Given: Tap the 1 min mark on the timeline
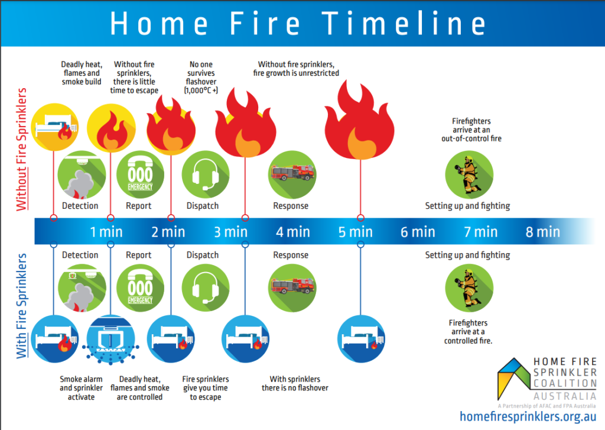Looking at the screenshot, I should [106, 231].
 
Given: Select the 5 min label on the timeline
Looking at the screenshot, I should [356, 231].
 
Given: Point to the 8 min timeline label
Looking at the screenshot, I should [542, 231].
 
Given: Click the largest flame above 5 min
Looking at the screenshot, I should [359, 127].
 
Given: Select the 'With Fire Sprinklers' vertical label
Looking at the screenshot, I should [22, 306].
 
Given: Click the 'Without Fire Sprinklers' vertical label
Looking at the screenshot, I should [22, 149].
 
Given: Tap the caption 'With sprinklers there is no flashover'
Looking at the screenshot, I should [295, 383].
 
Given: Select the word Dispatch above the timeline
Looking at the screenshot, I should [203, 206].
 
